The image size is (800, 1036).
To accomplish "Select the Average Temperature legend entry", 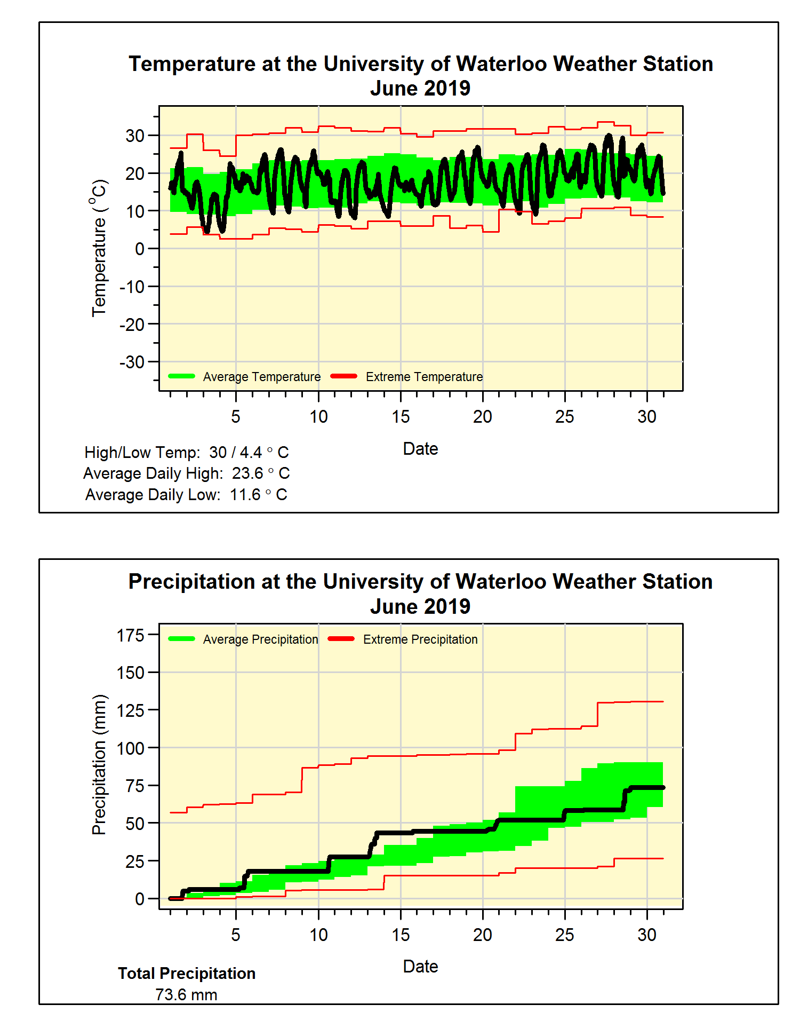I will point(245,377).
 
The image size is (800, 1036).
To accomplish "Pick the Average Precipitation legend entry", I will point(244,639).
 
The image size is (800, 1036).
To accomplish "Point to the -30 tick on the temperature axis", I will point(132,362).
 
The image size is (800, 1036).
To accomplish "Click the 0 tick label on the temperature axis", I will point(140,249).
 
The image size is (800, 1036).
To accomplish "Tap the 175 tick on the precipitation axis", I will point(131,635).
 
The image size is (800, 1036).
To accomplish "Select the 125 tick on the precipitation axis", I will point(131,710).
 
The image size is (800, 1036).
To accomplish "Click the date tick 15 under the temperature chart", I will point(401,417).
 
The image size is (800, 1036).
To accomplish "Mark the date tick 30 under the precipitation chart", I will point(647,935).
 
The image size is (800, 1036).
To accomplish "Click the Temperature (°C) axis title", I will point(99,248).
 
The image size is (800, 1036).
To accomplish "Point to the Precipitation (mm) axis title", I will point(99,764).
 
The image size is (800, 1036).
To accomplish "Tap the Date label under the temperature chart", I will point(420,449).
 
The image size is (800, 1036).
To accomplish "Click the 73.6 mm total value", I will point(186,995).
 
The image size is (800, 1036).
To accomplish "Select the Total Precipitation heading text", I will point(187,974).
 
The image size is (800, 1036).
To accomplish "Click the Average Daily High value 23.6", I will point(247,473).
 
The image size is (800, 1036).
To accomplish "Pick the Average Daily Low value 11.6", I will point(245,495).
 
